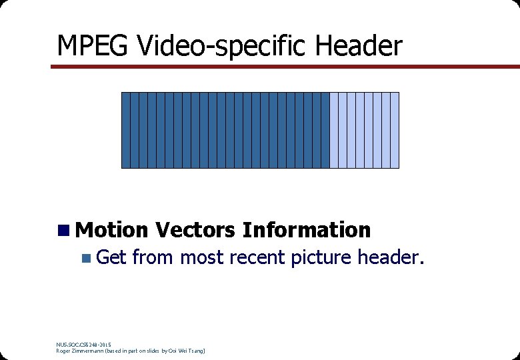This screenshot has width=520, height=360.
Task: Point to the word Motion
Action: click(x=111, y=230)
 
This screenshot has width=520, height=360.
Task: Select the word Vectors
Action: click(x=195, y=230)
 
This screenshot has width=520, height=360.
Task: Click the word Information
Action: click(x=307, y=230)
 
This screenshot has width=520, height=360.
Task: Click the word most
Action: click(x=203, y=257)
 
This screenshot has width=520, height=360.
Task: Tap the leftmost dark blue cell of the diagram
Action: click(x=125, y=130)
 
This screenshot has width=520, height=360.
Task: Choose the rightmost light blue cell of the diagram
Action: click(x=395, y=130)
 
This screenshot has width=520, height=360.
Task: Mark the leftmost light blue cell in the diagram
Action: click(x=334, y=130)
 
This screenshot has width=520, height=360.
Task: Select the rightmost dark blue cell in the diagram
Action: click(x=325, y=130)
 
